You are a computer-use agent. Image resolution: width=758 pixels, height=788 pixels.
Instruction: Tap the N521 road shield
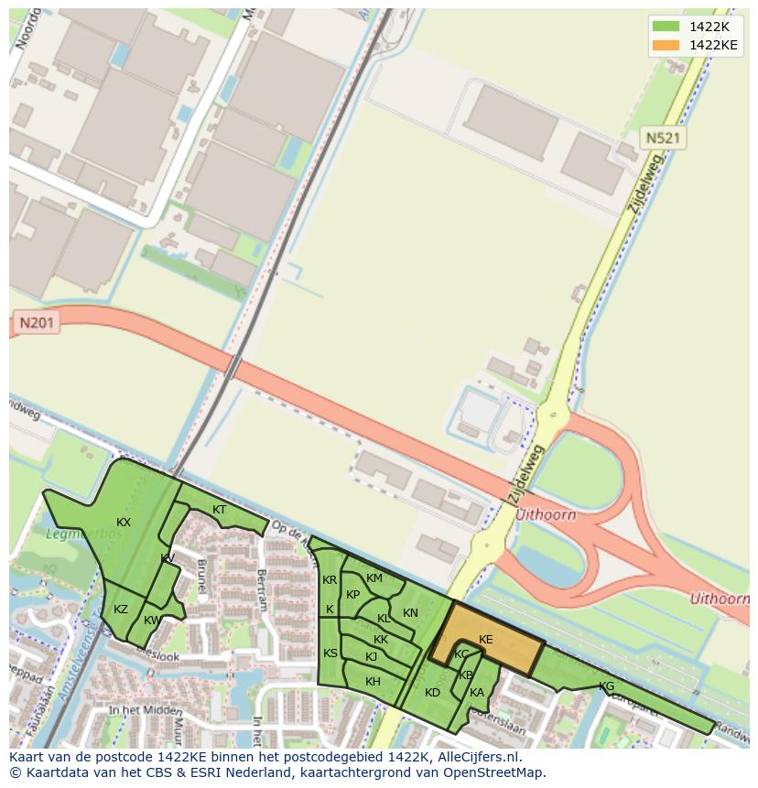click(x=663, y=138)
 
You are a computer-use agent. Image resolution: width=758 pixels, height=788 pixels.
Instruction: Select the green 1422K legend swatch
click(x=666, y=27)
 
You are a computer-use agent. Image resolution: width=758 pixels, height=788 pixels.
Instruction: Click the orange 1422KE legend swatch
click(x=666, y=45)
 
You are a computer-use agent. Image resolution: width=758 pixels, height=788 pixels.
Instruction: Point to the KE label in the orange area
click(x=485, y=640)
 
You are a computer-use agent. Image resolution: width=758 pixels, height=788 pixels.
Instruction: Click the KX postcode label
click(x=124, y=523)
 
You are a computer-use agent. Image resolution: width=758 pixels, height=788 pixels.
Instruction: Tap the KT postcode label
click(x=219, y=510)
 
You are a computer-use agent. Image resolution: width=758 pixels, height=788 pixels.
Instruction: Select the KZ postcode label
click(x=121, y=610)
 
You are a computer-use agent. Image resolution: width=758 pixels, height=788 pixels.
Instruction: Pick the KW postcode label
click(x=152, y=620)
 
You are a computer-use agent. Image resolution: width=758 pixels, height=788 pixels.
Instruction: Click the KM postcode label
click(x=374, y=578)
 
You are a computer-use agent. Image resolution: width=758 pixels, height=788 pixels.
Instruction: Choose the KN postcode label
click(x=410, y=613)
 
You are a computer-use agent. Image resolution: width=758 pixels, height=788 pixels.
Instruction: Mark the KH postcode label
click(x=373, y=682)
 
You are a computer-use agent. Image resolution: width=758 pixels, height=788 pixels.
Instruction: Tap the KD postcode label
click(x=432, y=693)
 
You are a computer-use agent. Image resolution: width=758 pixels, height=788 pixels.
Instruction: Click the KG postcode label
click(x=606, y=686)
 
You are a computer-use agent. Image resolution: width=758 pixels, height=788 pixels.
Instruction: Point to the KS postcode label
click(x=330, y=653)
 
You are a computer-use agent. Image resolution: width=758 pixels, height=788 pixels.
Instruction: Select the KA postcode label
click(x=476, y=693)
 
